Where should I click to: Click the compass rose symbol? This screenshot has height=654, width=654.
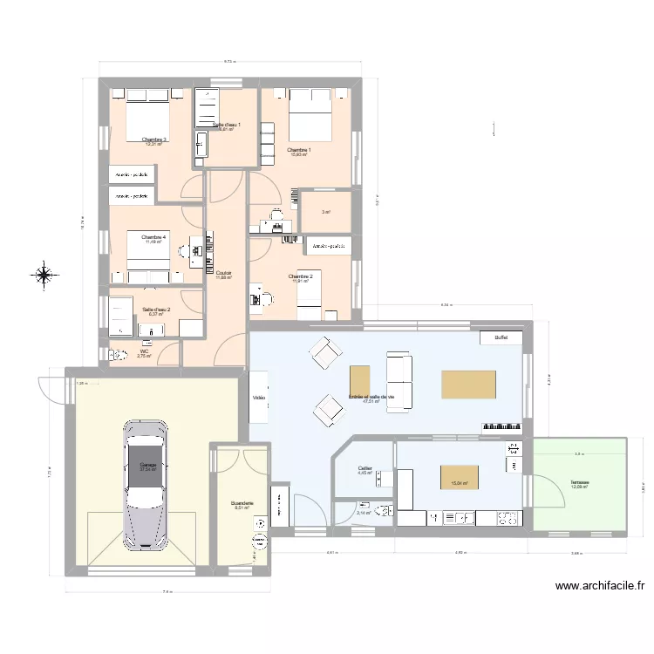[43, 276]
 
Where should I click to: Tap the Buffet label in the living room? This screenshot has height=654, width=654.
[501, 337]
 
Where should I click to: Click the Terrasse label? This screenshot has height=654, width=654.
[579, 482]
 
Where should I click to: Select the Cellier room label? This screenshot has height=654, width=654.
[364, 469]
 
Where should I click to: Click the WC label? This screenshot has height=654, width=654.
[144, 351]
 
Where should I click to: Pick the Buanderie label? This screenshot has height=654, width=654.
[242, 503]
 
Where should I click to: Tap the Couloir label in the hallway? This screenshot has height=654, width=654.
[224, 273]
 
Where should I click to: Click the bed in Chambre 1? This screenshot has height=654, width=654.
[309, 116]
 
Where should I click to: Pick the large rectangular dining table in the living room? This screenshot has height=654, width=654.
[469, 385]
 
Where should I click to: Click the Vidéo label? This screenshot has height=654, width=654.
[259, 398]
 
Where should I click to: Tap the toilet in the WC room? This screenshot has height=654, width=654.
[113, 355]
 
